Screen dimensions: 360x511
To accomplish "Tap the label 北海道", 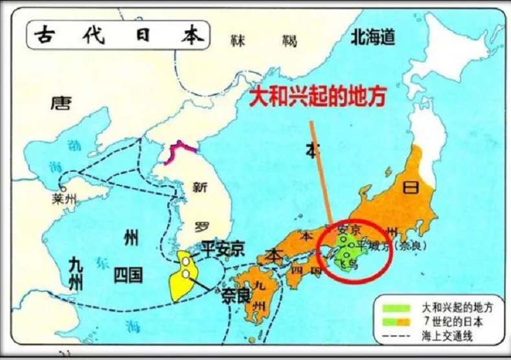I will (x=372, y=38).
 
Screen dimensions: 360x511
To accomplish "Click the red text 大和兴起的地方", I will (x=317, y=96).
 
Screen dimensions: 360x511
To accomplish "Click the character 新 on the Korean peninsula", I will (x=200, y=188).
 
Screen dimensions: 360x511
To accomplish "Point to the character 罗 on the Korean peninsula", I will (x=202, y=227).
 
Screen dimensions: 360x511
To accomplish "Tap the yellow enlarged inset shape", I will (x=182, y=276).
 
